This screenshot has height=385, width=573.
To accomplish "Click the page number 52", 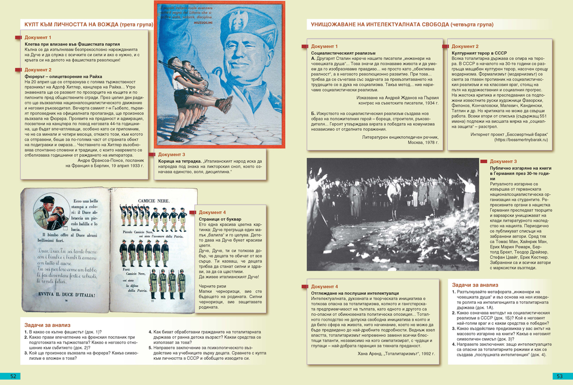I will coord(13,376).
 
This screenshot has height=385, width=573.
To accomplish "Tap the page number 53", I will coord(558,376).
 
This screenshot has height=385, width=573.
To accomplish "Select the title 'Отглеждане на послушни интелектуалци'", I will coord(350,292).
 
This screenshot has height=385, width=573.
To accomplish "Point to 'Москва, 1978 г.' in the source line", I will coord(425,143).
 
